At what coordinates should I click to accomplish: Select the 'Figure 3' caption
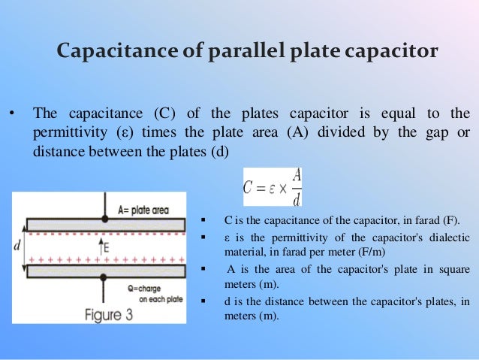[100, 313]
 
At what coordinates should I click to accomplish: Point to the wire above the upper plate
[101, 205]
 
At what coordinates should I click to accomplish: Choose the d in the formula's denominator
[297, 199]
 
